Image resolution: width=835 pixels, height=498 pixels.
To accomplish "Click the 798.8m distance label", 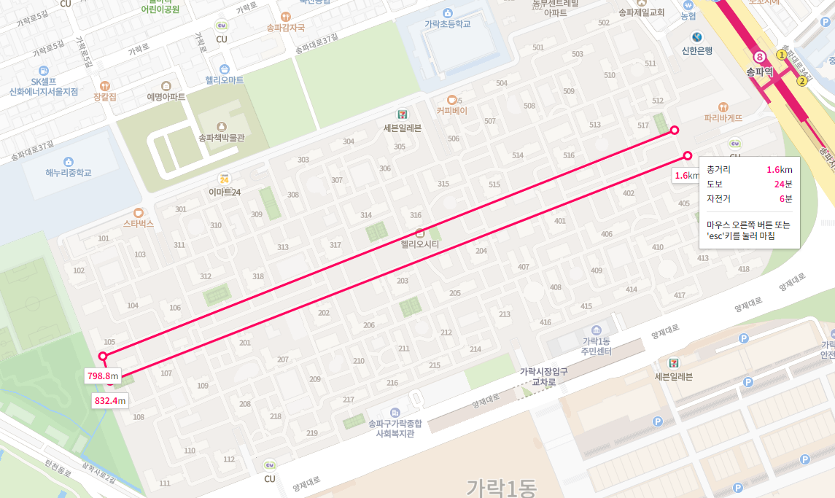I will point(102,376).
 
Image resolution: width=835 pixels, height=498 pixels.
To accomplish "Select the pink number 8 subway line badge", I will point(760,57).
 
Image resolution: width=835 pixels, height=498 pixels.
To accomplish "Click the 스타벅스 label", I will point(139,224).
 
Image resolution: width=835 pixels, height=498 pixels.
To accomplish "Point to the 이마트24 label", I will point(224,192).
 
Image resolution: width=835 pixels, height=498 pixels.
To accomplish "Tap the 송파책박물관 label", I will point(221,136).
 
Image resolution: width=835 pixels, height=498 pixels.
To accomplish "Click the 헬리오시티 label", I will point(420,245).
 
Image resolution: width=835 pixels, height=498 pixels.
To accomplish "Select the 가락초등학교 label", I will point(448,23).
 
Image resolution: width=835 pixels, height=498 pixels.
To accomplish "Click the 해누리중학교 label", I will point(69,173).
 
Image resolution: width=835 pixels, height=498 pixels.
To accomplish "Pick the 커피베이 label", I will point(451,111).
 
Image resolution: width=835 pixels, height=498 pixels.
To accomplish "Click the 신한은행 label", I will point(697,51).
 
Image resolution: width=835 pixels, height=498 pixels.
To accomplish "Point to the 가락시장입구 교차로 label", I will point(543,376).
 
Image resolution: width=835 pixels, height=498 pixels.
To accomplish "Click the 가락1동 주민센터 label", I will point(596,346).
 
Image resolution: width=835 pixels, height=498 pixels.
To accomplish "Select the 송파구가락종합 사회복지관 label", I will point(395,428).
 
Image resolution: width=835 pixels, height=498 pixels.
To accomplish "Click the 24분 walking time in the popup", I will point(782,184).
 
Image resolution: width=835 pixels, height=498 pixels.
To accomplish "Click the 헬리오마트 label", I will point(224,80).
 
